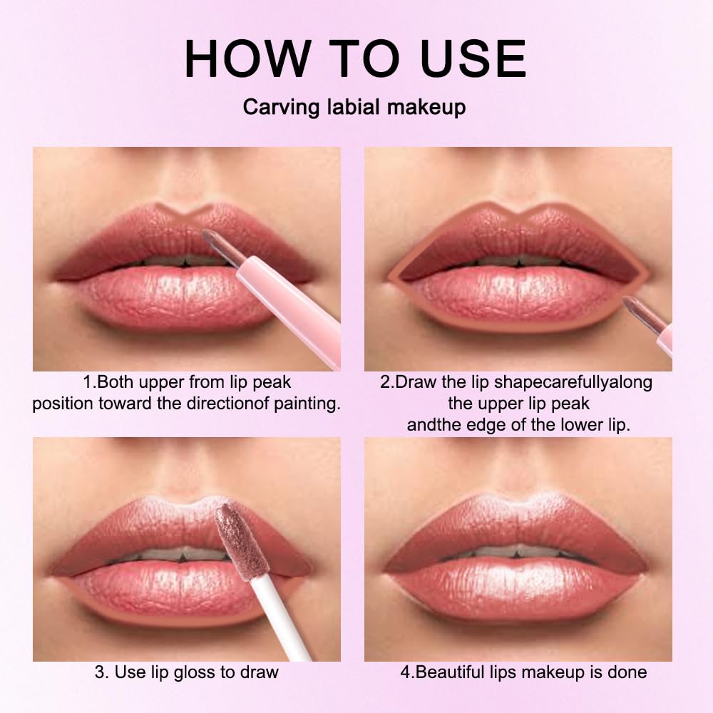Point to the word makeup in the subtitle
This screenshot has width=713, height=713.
coord(427,108)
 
